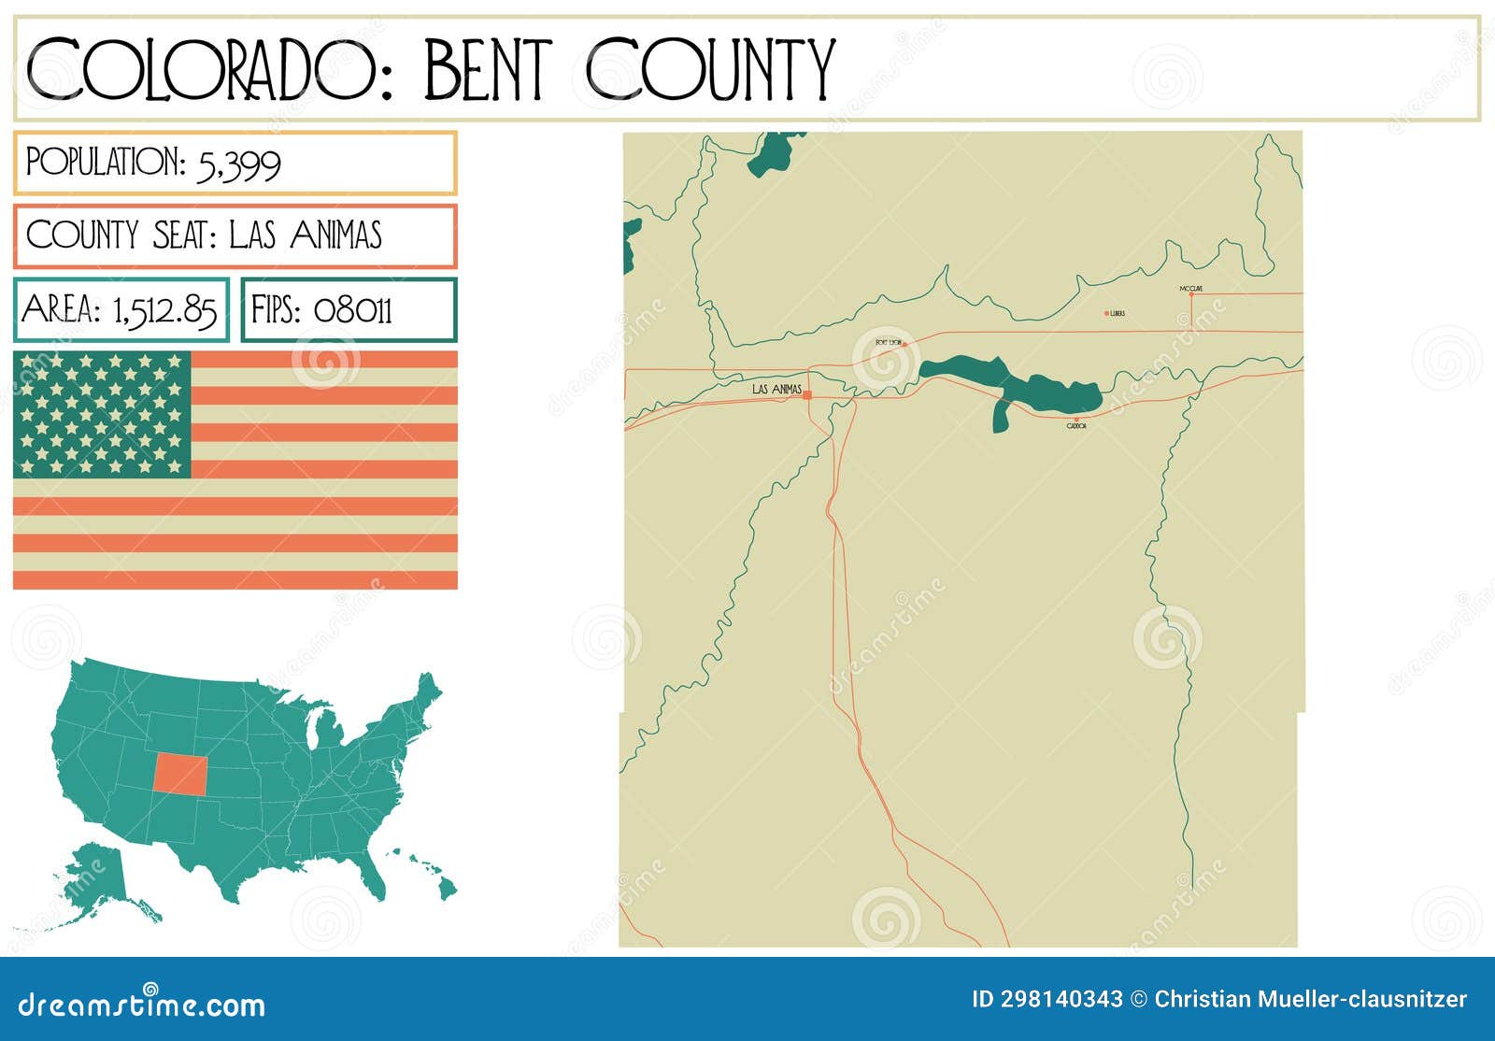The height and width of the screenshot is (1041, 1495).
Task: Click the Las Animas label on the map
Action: tap(776, 389)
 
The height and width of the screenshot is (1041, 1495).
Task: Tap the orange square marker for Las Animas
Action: tap(807, 395)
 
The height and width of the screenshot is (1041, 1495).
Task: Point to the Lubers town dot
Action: tap(1106, 313)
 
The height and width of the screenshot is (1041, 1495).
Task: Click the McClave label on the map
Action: tap(1190, 289)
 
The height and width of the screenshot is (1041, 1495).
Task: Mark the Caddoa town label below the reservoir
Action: tap(1076, 426)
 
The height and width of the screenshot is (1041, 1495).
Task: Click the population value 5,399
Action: tap(238, 164)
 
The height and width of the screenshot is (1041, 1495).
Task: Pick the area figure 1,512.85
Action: tap(164, 310)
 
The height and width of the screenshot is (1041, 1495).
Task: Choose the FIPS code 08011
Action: tap(352, 310)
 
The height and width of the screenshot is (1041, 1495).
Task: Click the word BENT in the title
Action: tap(486, 69)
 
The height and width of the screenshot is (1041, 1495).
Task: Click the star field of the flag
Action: tap(102, 414)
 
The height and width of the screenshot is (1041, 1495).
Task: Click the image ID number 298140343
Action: tap(1061, 999)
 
